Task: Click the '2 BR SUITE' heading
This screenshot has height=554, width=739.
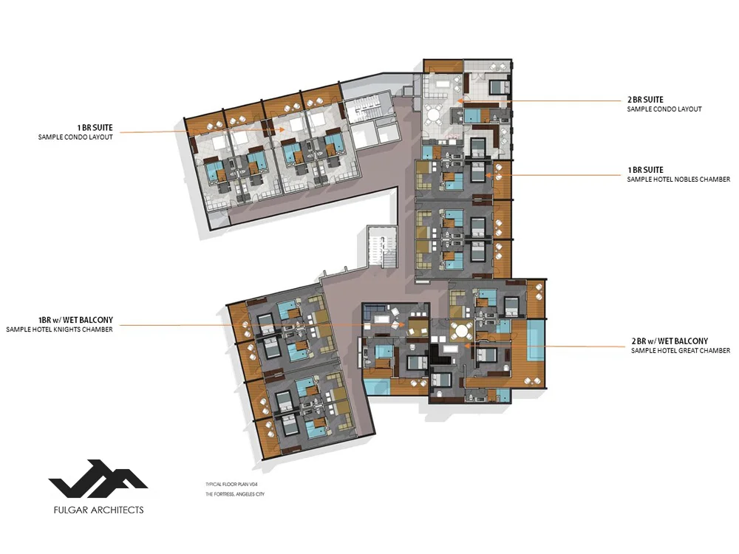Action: click(x=645, y=100)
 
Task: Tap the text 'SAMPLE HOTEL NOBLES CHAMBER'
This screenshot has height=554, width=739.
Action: click(x=678, y=179)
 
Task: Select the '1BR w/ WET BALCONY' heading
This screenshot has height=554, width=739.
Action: click(x=76, y=320)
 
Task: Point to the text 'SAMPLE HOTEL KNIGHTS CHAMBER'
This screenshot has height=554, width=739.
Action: click(x=59, y=329)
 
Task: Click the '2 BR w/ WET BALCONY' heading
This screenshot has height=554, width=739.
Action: click(x=670, y=341)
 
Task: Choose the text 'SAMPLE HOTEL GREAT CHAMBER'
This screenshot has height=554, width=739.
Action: click(x=681, y=351)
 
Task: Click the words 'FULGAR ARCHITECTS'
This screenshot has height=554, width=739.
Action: click(x=98, y=510)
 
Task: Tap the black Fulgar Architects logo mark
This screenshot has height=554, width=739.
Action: click(x=98, y=478)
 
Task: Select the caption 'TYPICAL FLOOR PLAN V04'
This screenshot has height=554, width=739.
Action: click(x=231, y=485)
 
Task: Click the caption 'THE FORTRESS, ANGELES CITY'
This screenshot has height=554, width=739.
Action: click(x=235, y=494)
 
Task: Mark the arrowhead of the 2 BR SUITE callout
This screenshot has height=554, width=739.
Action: click(x=460, y=100)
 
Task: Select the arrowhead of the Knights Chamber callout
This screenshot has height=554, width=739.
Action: click(x=402, y=324)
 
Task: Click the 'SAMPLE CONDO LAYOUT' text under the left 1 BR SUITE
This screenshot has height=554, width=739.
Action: click(x=75, y=137)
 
